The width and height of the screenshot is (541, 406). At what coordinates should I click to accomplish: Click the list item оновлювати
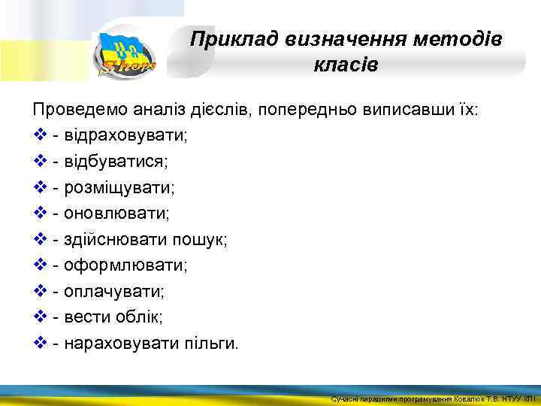click(116, 214)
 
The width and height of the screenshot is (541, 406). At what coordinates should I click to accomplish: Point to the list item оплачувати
click(114, 292)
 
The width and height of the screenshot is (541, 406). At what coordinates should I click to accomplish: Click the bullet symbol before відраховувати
click(41, 136)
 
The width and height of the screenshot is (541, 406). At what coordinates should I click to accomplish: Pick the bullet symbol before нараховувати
click(41, 344)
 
